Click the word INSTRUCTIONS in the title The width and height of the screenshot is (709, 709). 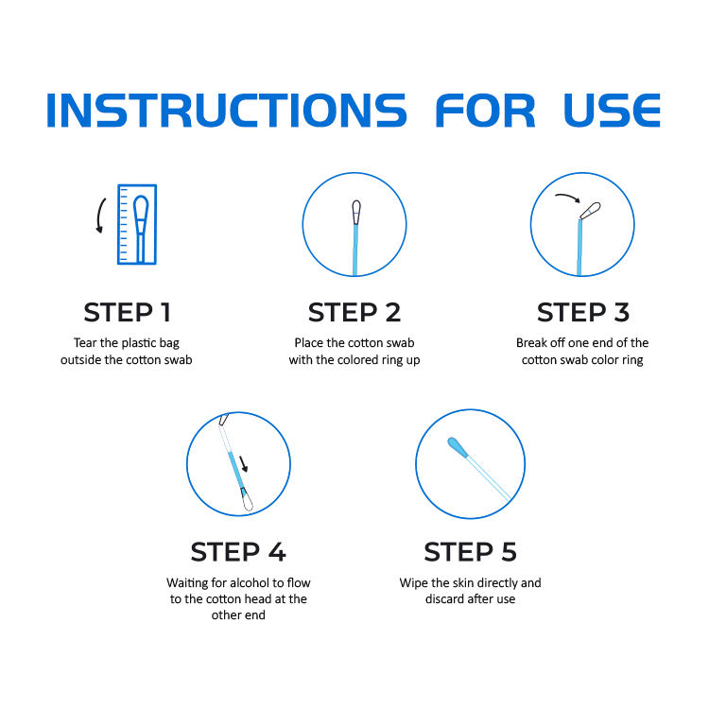click(227, 110)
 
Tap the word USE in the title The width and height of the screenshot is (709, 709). click(612, 110)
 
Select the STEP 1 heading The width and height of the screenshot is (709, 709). click(127, 313)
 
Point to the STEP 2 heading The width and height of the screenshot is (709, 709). click(354, 313)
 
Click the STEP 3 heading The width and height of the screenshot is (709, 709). click(583, 313)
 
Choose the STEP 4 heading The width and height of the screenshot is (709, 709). click(238, 552)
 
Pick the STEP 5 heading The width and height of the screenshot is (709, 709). click(470, 552)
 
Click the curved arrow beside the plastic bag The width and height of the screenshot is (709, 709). click(99, 216)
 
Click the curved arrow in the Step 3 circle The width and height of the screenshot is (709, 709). click(568, 197)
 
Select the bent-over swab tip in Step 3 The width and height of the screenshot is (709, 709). click(591, 211)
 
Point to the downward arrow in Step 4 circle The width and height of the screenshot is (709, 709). click(243, 464)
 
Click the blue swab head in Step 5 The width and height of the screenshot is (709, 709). click(458, 447)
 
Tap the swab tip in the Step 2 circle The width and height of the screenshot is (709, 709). click(356, 212)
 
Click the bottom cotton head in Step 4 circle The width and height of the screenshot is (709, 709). click(247, 500)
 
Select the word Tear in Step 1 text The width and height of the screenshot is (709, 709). click(85, 343)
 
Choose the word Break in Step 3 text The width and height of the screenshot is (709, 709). click(531, 343)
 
